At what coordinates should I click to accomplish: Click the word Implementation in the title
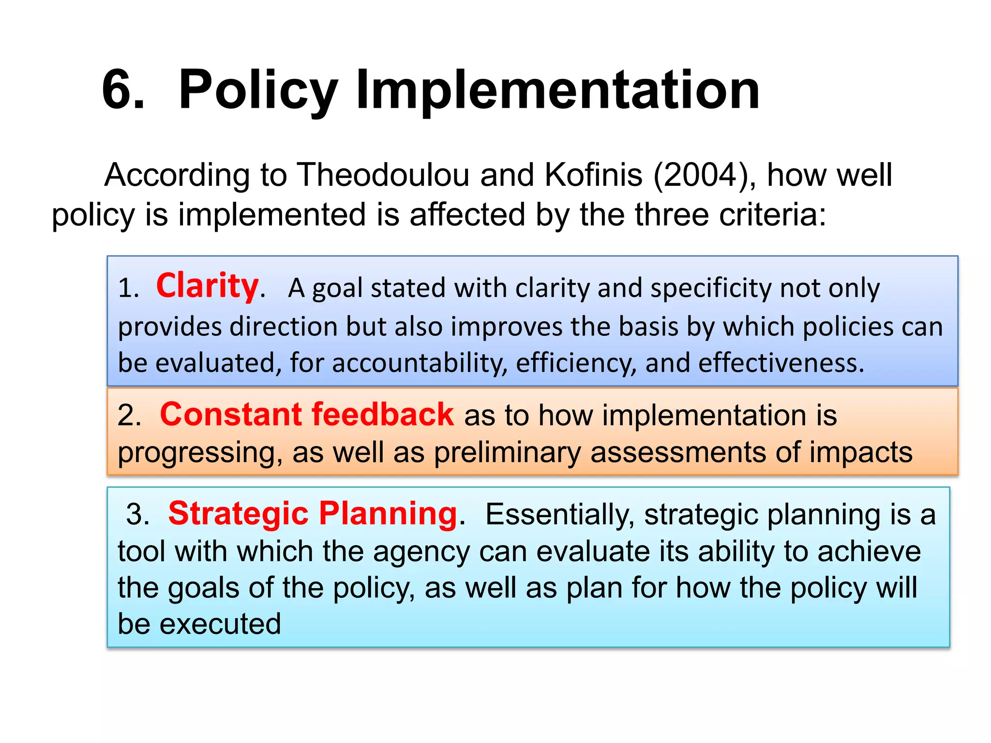tap(557, 90)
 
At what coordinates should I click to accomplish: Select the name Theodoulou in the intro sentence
tap(382, 175)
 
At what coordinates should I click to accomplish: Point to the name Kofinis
tap(594, 175)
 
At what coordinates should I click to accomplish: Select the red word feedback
tap(383, 415)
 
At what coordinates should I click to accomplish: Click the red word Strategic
tap(238, 513)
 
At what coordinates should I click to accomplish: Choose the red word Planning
tap(388, 514)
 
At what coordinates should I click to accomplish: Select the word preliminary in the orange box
tap(507, 453)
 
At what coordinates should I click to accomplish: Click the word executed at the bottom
tap(220, 624)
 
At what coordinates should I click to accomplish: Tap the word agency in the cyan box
tap(421, 552)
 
